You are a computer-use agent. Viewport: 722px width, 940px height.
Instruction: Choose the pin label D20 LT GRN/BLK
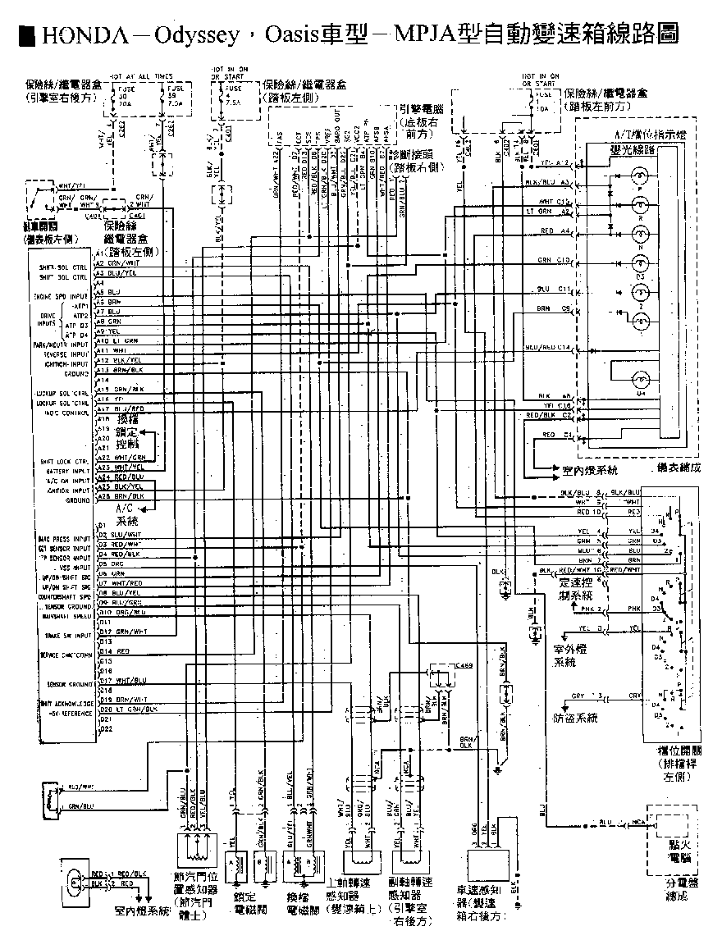[128, 708]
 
